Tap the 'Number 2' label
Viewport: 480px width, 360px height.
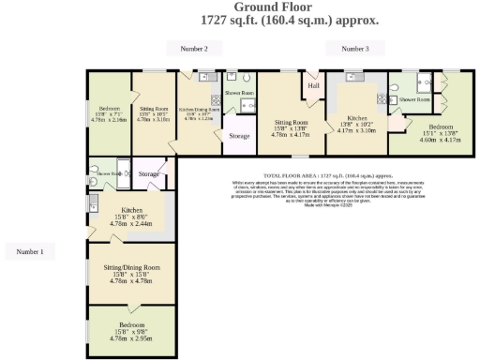click(193, 48)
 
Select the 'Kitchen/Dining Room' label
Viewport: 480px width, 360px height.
click(201, 110)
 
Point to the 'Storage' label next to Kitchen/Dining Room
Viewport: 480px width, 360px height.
click(239, 136)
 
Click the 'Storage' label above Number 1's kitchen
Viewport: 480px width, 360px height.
click(148, 174)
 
